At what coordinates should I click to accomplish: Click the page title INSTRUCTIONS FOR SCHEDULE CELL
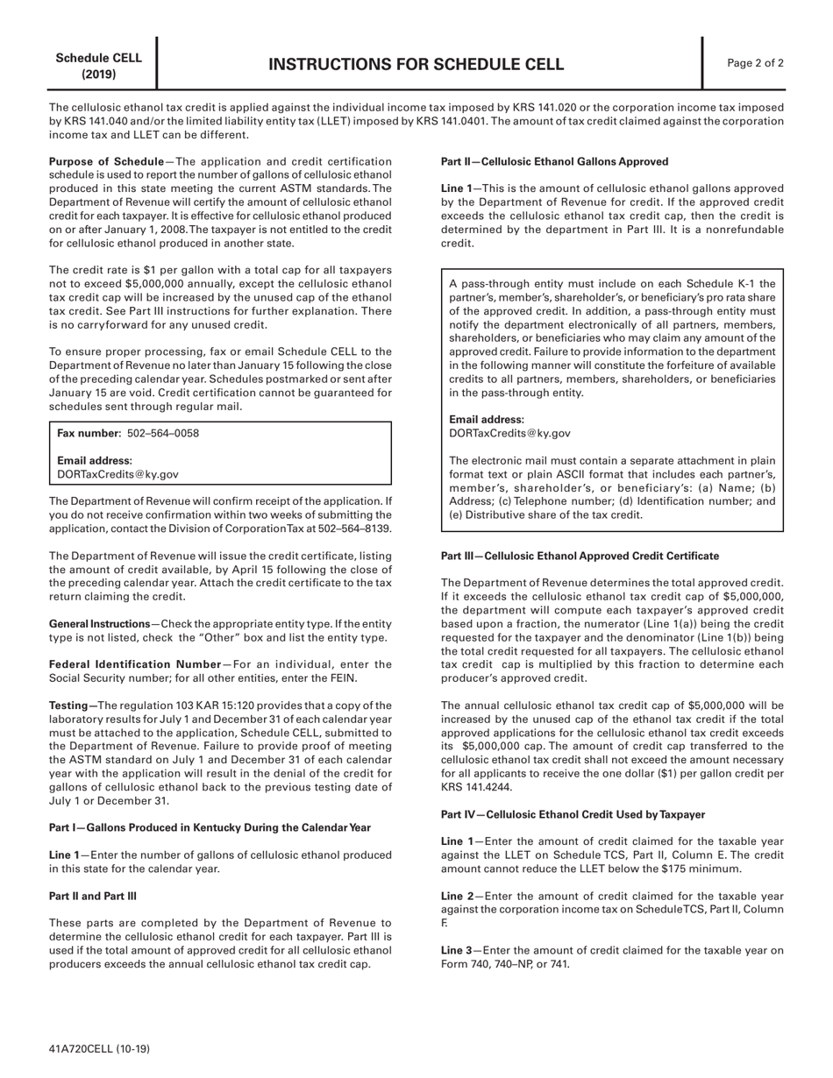(x=416, y=64)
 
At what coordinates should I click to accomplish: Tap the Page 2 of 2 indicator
(x=756, y=63)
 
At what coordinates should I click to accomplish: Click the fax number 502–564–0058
(x=163, y=434)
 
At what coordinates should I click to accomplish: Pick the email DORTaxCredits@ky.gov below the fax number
(x=117, y=474)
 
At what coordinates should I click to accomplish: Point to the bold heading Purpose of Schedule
(x=106, y=161)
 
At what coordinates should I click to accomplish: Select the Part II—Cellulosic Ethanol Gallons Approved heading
(x=554, y=161)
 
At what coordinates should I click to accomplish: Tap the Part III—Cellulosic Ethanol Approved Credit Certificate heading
(x=580, y=556)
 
